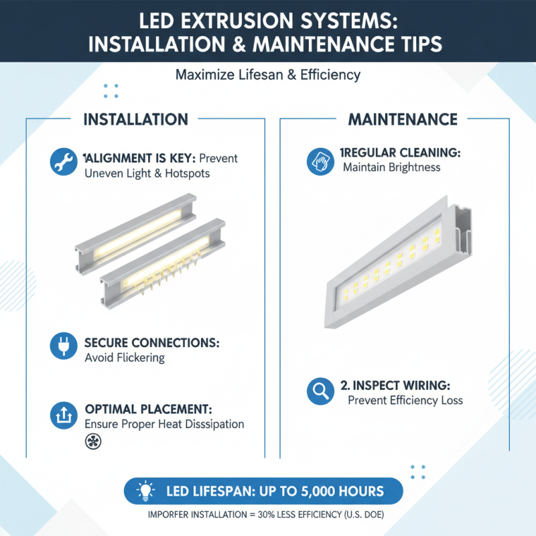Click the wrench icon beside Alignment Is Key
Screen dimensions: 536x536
tap(62, 162)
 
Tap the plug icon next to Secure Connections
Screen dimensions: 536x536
tap(62, 346)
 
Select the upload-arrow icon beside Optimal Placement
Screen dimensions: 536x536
tap(62, 415)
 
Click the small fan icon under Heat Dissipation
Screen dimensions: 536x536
tap(90, 441)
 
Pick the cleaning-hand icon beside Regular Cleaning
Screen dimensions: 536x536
tap(319, 161)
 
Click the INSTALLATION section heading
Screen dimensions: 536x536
tap(135, 120)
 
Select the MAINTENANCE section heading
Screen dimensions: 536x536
tap(403, 120)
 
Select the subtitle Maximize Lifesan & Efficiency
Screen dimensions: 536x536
tap(268, 75)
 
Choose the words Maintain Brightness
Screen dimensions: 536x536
tap(391, 167)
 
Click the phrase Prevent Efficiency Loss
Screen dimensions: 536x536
tap(405, 400)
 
